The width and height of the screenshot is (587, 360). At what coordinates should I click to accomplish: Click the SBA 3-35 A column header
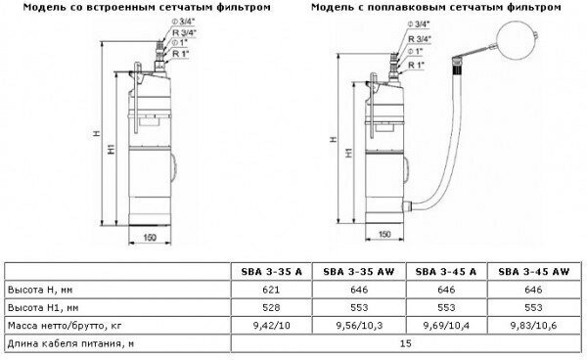point(271,272)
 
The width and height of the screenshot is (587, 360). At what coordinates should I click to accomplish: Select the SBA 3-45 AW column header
point(533,272)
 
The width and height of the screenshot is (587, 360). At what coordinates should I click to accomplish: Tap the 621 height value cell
point(271,290)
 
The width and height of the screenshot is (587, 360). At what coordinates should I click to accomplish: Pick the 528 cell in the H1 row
point(271,307)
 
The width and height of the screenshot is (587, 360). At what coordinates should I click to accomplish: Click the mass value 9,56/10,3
point(359,326)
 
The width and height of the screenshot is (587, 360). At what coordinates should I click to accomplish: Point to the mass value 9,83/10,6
point(533,326)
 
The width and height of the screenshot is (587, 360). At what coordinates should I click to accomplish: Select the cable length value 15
point(406,343)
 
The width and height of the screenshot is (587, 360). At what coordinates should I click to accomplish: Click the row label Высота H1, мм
point(43,308)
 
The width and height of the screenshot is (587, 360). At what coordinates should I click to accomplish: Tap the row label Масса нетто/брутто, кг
point(65,326)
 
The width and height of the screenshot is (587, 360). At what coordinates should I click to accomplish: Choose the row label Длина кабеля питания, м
point(70,343)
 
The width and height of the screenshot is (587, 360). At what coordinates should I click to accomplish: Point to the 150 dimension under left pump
point(150,238)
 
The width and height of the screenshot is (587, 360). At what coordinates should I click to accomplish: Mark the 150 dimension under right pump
point(384,234)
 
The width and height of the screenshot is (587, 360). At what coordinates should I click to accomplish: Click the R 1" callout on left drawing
point(180,54)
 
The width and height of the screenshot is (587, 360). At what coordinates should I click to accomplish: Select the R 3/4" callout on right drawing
point(420,38)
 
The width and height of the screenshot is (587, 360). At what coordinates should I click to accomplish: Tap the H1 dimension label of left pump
point(112,149)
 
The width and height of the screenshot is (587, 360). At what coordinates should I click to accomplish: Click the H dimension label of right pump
point(334,139)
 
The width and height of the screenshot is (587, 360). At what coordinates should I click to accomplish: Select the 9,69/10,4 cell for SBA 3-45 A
point(446,326)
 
